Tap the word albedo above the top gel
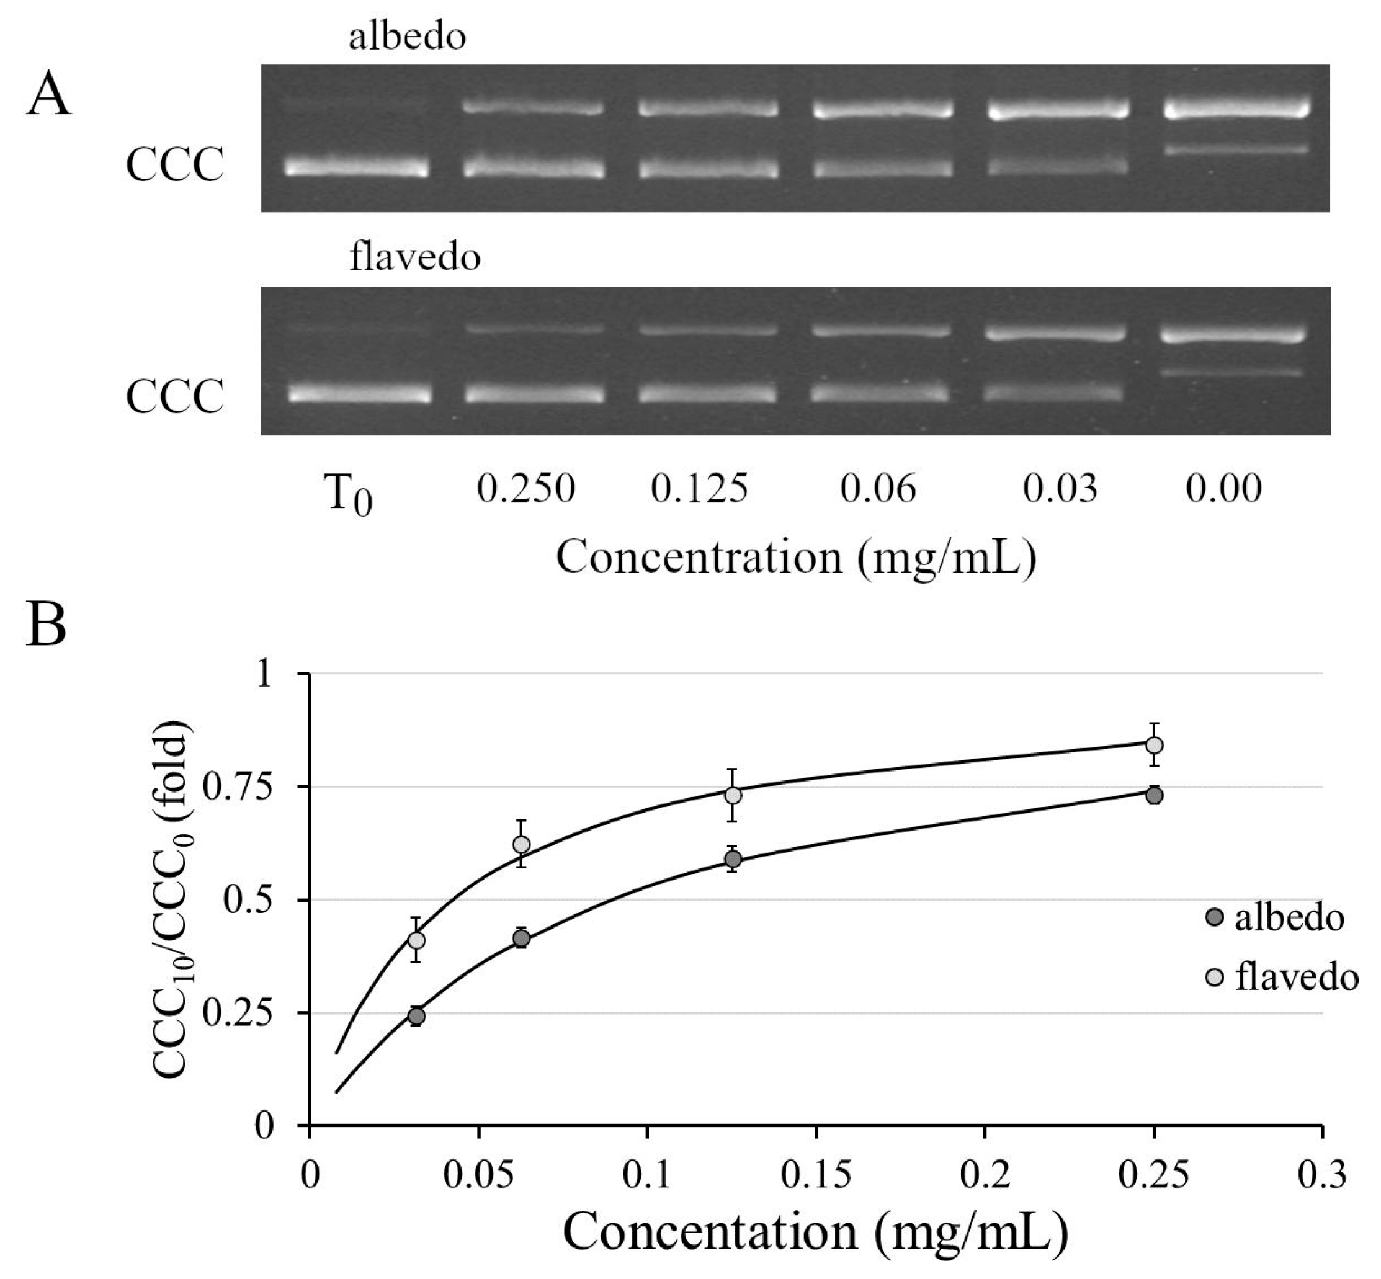[x=407, y=36]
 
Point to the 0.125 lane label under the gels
[x=699, y=489]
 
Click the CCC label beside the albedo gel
[x=174, y=166]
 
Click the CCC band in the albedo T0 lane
[x=357, y=167]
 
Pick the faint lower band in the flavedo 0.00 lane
[x=1233, y=372]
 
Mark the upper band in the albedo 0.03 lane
[x=1058, y=109]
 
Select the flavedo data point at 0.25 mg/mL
[x=1154, y=746]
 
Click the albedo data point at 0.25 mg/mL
[x=1154, y=795]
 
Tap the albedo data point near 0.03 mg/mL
[x=416, y=1016]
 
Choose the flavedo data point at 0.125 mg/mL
[x=733, y=795]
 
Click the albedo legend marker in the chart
[x=1214, y=918]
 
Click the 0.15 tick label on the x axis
[x=815, y=1176]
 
